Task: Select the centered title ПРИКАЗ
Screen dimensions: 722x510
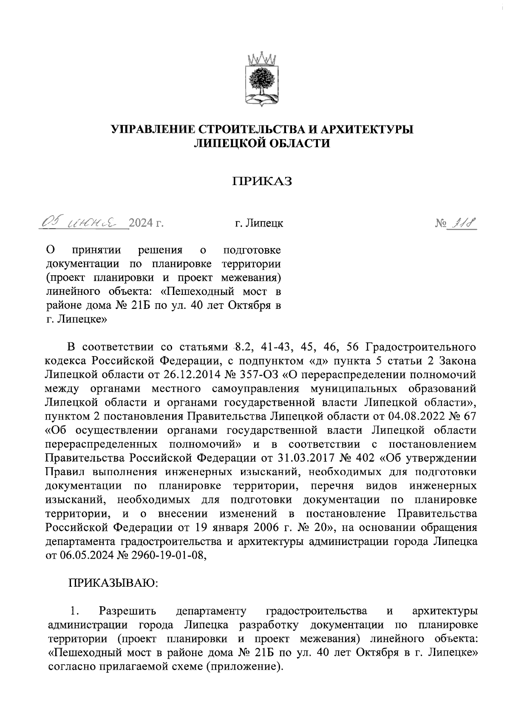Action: pyautogui.click(x=262, y=182)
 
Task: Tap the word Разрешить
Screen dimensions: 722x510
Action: pyautogui.click(x=127, y=611)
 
